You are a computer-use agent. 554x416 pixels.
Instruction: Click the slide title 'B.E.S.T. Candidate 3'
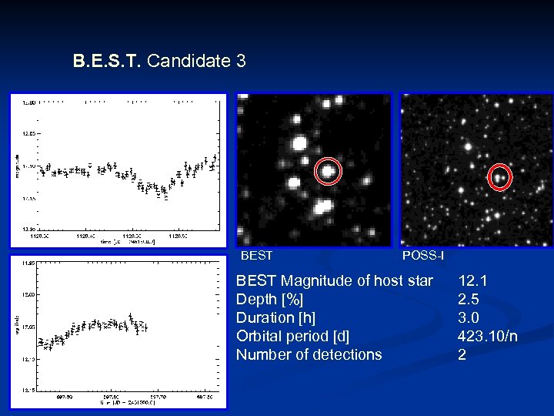coord(159,61)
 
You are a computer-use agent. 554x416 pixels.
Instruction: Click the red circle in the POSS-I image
coord(499,177)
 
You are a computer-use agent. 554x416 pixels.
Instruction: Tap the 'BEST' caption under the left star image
coord(257,255)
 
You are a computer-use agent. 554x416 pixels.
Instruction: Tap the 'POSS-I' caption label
coord(422,255)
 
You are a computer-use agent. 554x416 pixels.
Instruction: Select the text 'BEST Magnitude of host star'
coord(334,280)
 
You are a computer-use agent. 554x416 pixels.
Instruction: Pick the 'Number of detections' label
coord(309,354)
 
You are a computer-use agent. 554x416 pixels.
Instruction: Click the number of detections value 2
coord(462,354)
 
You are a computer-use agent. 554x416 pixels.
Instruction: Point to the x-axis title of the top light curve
coord(127,242)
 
